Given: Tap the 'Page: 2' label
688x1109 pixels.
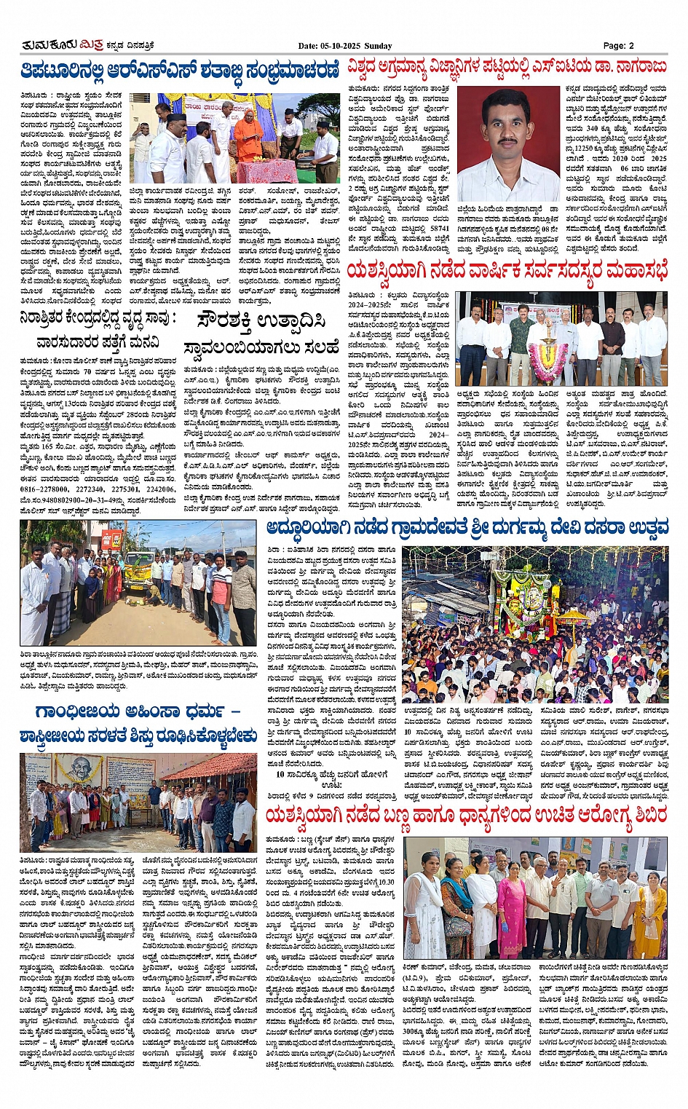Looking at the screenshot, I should pos(618,45).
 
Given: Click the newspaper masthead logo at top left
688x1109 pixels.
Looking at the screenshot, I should pos(61,45).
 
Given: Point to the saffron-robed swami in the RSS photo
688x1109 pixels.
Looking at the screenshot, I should pos(248,135).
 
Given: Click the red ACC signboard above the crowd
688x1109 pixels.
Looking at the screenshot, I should pos(111,540).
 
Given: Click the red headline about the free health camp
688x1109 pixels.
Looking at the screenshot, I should pos(466,816).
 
